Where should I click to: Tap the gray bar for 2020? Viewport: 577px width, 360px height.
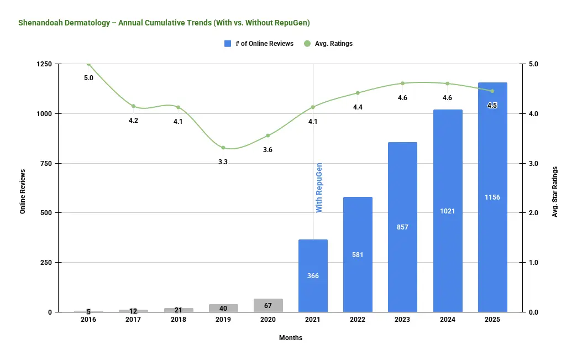(x=268, y=305)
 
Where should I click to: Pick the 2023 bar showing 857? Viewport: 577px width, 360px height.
(x=402, y=227)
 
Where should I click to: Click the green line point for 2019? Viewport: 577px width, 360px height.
(x=223, y=148)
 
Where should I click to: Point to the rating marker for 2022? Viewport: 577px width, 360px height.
(x=358, y=93)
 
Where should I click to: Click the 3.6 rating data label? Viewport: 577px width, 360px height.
(x=267, y=150)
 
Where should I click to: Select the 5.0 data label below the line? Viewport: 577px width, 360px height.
(x=88, y=78)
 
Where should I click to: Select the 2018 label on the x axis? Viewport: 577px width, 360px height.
(x=178, y=320)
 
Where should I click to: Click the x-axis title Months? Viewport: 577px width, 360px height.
(x=291, y=337)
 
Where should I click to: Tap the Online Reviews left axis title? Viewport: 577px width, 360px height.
(x=23, y=190)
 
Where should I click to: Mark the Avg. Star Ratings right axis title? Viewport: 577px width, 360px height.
(x=555, y=191)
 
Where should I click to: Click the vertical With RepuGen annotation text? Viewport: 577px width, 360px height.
(x=319, y=187)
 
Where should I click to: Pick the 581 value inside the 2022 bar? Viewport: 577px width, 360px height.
(x=358, y=255)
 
